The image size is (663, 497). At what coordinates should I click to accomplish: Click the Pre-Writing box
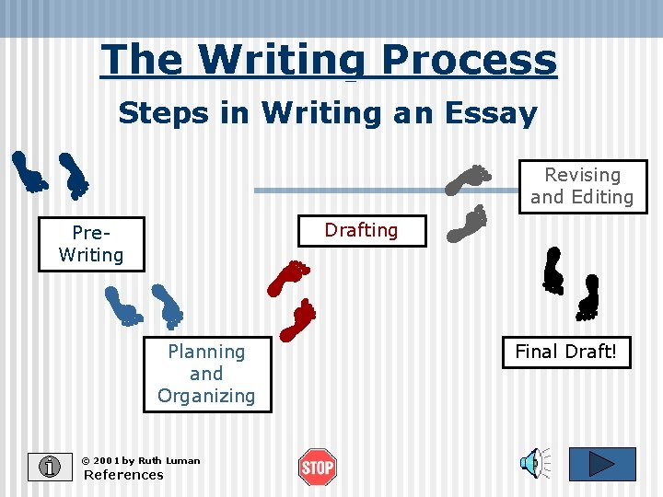click(x=91, y=244)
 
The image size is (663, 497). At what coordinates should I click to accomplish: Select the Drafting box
click(x=361, y=230)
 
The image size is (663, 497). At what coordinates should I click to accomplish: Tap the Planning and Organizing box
click(x=206, y=374)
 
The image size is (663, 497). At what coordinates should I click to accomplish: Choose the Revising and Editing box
click(x=582, y=186)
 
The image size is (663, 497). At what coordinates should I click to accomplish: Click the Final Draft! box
click(x=565, y=352)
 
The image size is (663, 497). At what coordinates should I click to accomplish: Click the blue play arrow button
click(x=601, y=464)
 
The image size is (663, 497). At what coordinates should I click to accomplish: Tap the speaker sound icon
click(x=533, y=464)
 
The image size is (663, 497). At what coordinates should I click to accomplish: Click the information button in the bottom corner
click(x=50, y=467)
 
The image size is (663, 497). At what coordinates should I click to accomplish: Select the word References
click(x=123, y=475)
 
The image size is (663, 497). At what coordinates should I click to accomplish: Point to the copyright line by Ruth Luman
click(x=140, y=460)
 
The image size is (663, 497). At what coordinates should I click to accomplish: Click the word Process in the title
click(x=469, y=60)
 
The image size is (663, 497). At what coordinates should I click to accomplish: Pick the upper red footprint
click(x=288, y=277)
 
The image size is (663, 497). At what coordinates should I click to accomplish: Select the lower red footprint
click(x=298, y=320)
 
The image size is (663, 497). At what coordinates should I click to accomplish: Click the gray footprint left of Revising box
click(x=469, y=179)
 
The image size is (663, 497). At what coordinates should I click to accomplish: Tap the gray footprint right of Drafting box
click(x=468, y=224)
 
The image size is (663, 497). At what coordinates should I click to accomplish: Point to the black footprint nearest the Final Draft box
click(x=587, y=298)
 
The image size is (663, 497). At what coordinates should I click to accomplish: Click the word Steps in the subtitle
click(x=156, y=113)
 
